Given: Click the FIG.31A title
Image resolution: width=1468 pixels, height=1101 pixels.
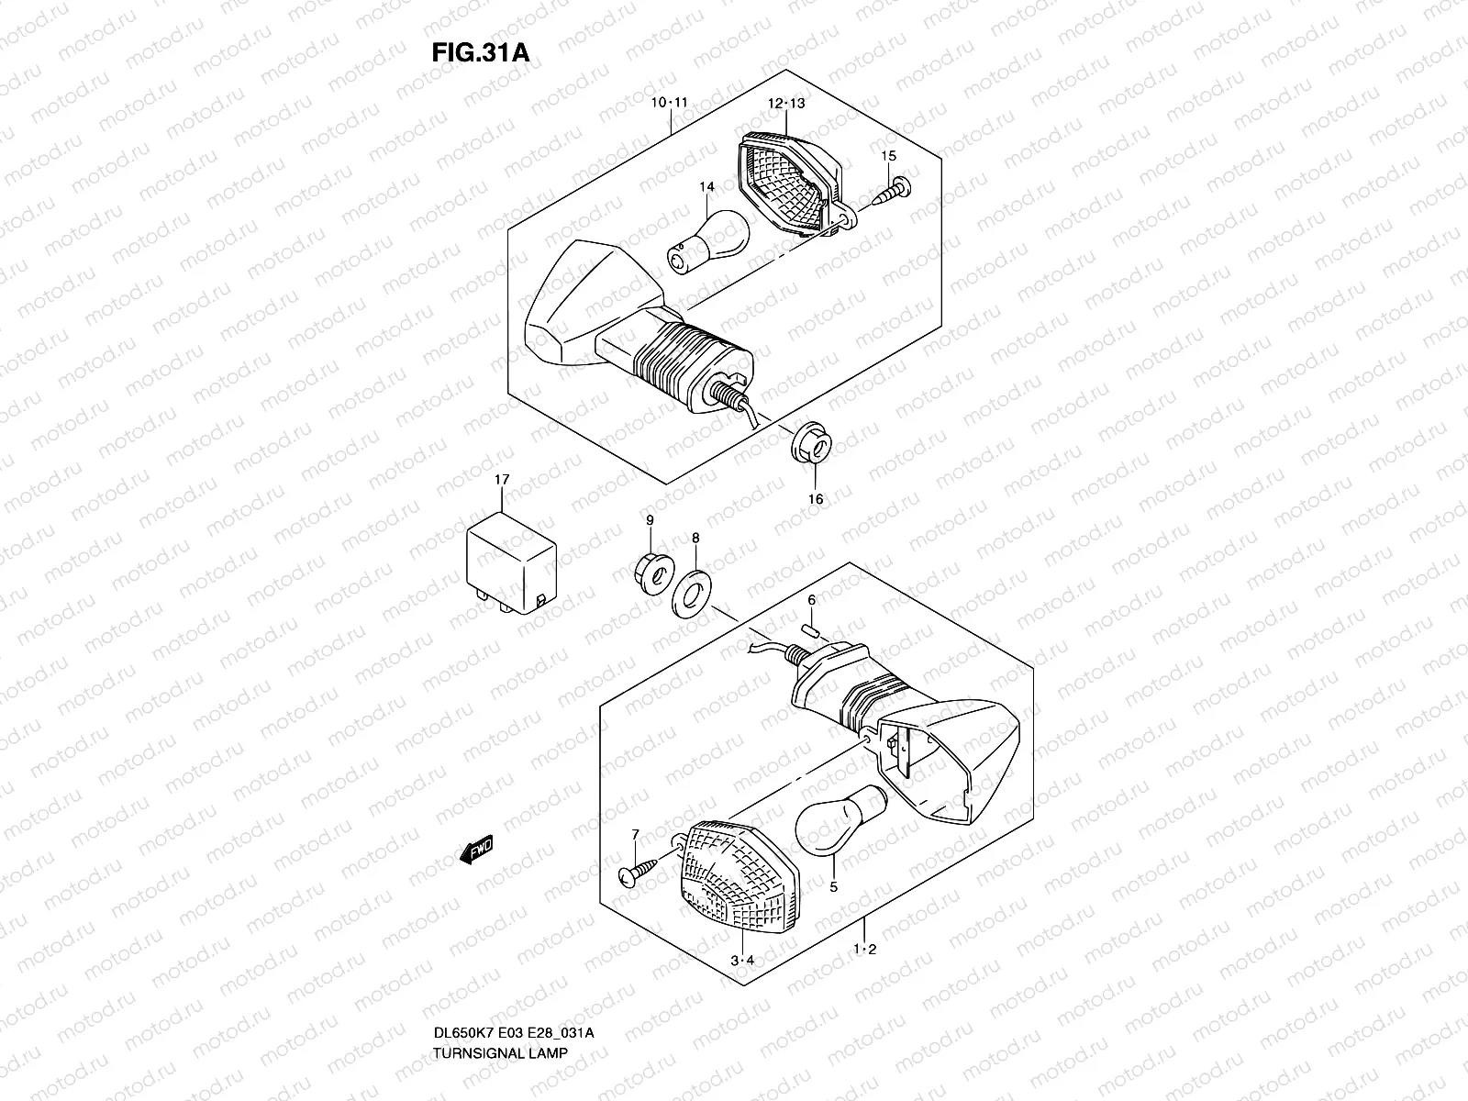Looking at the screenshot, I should click(480, 52).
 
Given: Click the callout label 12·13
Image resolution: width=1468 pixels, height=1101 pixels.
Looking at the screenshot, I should click(786, 104).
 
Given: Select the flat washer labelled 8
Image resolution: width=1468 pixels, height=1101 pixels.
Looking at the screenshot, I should click(695, 591).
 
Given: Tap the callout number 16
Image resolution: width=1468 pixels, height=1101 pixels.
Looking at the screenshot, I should click(816, 499).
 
